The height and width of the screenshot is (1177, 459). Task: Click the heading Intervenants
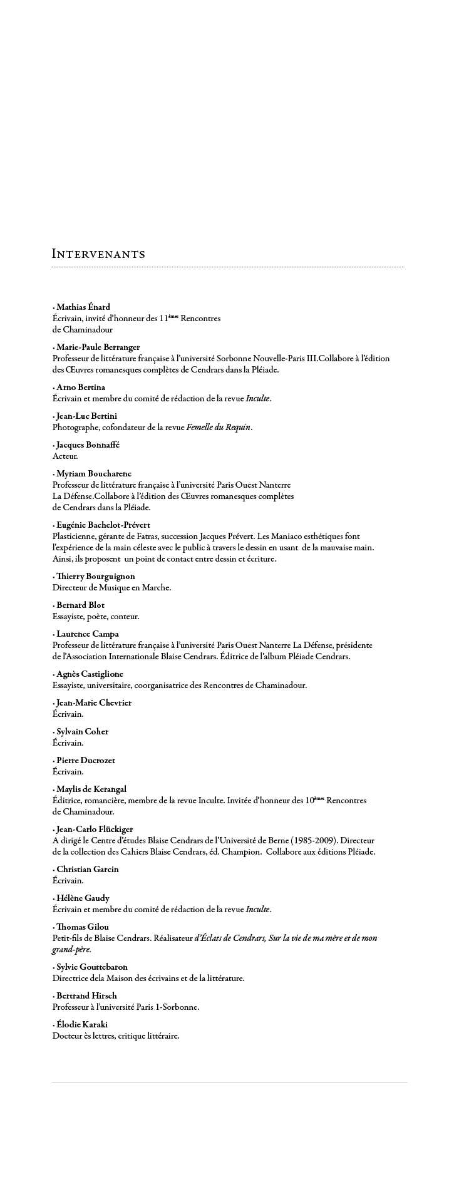(98, 254)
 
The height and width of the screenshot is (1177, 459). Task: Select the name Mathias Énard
(83, 307)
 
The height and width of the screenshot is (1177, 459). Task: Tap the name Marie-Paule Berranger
(98, 347)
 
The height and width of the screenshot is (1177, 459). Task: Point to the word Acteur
(65, 456)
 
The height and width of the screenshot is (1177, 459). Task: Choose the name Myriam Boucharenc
(94, 473)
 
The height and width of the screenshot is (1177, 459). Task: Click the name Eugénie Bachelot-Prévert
(103, 525)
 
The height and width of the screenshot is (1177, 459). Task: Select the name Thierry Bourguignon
(95, 576)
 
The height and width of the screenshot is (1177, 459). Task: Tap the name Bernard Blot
(80, 605)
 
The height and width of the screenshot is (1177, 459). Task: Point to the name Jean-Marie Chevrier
(94, 702)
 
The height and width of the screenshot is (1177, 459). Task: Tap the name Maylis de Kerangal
(91, 789)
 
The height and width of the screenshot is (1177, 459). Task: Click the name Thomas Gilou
(85, 927)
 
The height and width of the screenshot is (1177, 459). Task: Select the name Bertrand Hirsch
(86, 995)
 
